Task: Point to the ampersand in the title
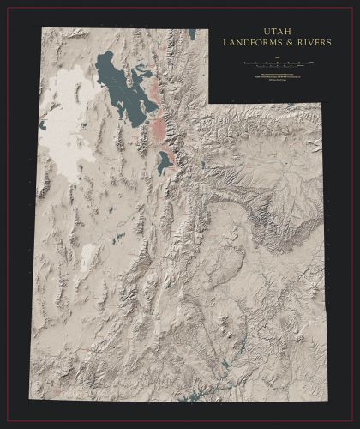[273, 42]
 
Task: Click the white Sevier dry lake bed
[90, 253]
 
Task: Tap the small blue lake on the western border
[43, 125]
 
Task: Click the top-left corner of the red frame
[6, 7]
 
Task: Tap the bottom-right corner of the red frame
[353, 422]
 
